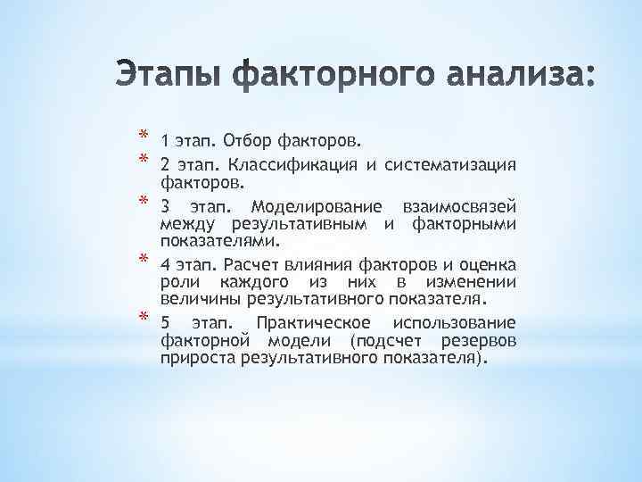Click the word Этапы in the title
click(x=173, y=74)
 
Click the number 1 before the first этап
click(x=165, y=140)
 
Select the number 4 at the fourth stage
click(x=166, y=265)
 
